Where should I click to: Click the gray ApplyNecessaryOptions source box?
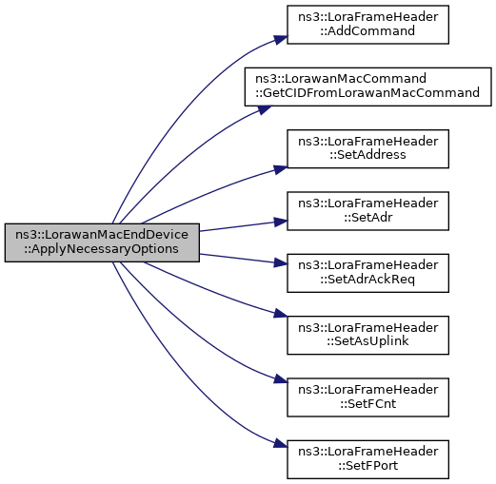tap(102, 242)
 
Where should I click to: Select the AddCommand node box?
tap(367, 25)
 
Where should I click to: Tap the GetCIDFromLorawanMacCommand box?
tap(367, 87)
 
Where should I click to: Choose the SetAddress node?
tap(367, 148)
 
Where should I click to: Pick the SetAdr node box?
tap(367, 211)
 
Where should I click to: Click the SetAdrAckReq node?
tap(367, 273)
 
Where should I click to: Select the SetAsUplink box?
tap(367, 335)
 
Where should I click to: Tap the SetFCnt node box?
tap(367, 397)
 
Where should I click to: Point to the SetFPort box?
tap(367, 459)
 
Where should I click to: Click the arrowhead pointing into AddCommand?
tap(281, 39)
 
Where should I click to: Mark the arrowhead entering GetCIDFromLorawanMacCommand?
tap(264, 109)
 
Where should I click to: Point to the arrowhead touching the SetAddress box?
tap(281, 169)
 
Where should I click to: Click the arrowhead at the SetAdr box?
tap(281, 222)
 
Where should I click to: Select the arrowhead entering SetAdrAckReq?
tap(281, 262)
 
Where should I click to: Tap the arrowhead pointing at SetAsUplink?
tap(281, 314)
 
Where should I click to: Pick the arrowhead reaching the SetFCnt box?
tap(281, 379)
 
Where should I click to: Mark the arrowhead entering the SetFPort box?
tap(281, 444)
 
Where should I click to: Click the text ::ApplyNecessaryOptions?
tap(102, 249)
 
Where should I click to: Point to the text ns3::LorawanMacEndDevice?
tap(102, 235)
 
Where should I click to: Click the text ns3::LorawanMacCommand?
tap(341, 79)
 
